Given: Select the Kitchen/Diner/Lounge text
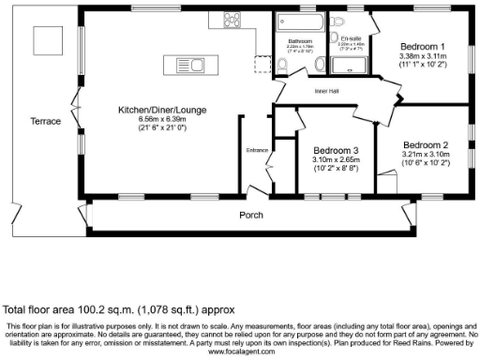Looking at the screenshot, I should pos(161,111).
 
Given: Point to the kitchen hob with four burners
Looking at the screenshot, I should pos(232,21).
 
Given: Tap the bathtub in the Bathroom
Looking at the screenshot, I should pos(300,22).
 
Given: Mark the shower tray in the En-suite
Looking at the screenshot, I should pos(356,64).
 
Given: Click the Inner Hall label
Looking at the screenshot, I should pos(301,91).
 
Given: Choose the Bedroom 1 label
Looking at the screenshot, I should pos(423,46).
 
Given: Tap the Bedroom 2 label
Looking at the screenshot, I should pos(427,144).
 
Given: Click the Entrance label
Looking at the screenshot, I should pos(256,150).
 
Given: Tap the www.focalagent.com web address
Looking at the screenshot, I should pos(241,352).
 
